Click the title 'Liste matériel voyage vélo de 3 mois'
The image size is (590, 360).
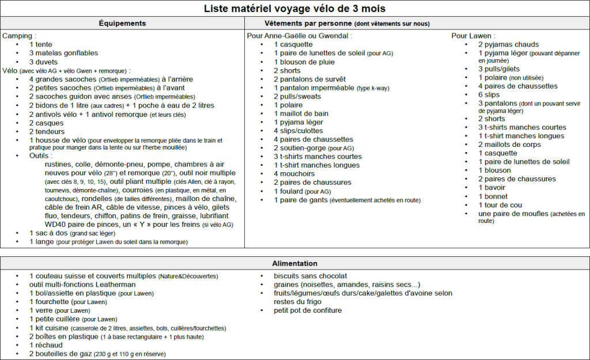pyautogui.click(x=294, y=9)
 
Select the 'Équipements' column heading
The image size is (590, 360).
pyautogui.click(x=122, y=24)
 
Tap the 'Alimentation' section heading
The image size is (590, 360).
pyautogui.click(x=295, y=263)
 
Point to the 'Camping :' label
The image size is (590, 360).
pyautogui.click(x=20, y=36)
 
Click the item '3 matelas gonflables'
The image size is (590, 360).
pyautogui.click(x=63, y=53)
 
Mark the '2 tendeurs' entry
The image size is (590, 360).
pyautogui.click(x=48, y=131)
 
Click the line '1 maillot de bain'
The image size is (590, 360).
pyautogui.click(x=301, y=113)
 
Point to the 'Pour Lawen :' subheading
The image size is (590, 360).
pyautogui.click(x=473, y=36)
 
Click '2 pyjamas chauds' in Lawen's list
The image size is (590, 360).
pyautogui.click(x=508, y=44)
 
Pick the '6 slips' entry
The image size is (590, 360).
pyautogui.click(x=489, y=94)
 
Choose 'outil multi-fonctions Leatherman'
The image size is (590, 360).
pyautogui.click(x=82, y=285)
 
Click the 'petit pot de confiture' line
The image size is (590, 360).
pyautogui.click(x=308, y=310)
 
